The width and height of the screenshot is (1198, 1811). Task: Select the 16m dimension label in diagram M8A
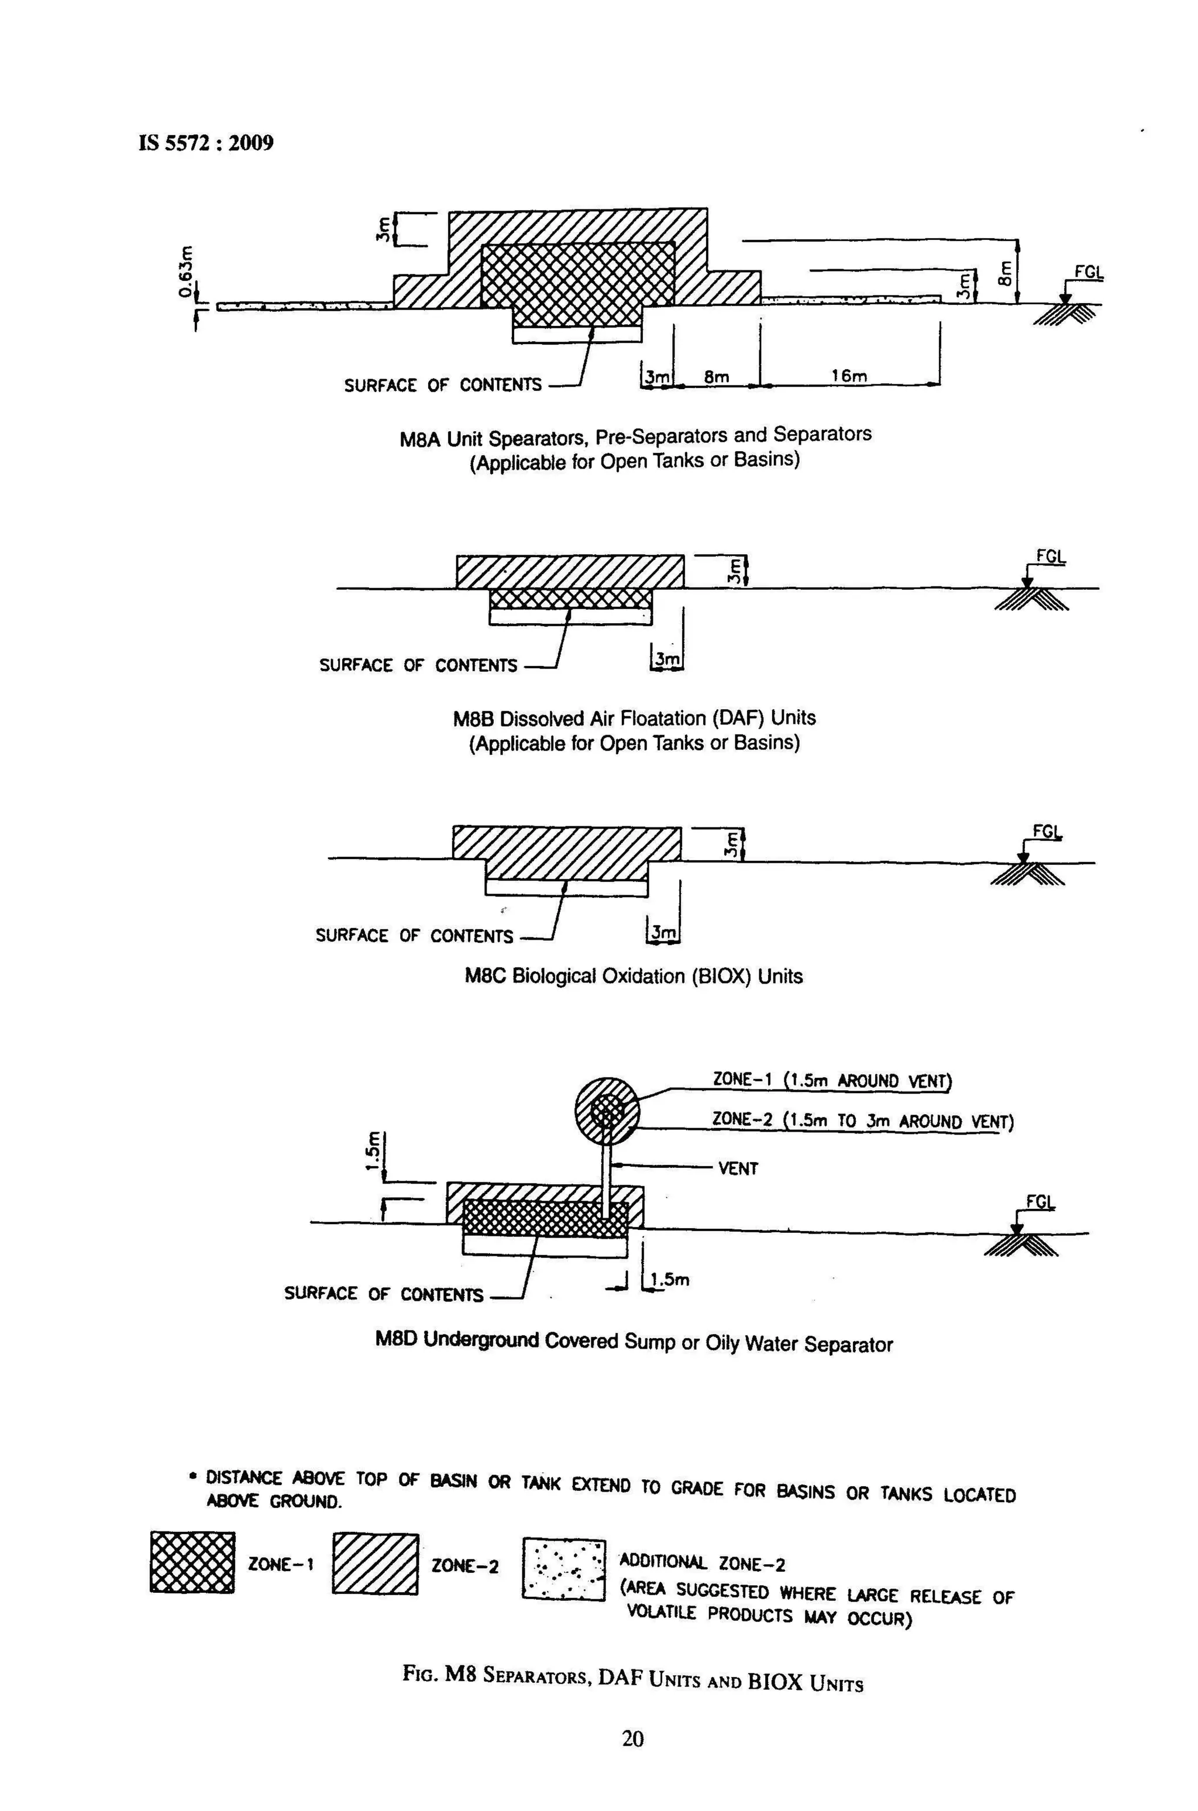click(849, 376)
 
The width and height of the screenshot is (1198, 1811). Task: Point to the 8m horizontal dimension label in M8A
click(716, 377)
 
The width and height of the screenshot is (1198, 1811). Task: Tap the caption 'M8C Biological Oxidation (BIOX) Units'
click(634, 977)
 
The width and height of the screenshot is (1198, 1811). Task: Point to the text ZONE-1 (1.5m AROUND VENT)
click(831, 1081)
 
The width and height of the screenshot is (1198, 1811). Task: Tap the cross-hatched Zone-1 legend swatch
click(192, 1563)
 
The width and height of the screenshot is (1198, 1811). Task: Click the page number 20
click(632, 1739)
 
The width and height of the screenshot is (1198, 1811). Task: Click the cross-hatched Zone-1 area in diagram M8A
click(577, 283)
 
